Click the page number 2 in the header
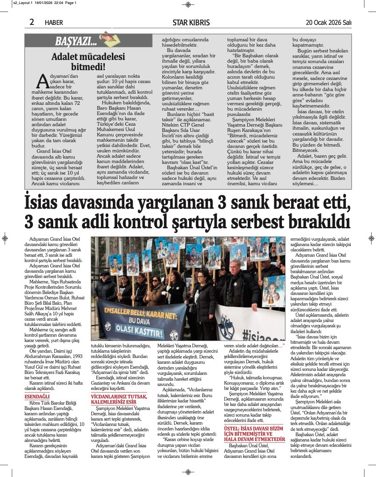coord(32,22)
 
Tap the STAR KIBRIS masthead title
coord(188,22)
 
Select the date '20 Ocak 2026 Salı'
coord(329,22)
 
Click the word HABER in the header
coord(54,23)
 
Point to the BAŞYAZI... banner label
coord(75,42)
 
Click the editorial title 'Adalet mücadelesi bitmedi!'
coord(78,62)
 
